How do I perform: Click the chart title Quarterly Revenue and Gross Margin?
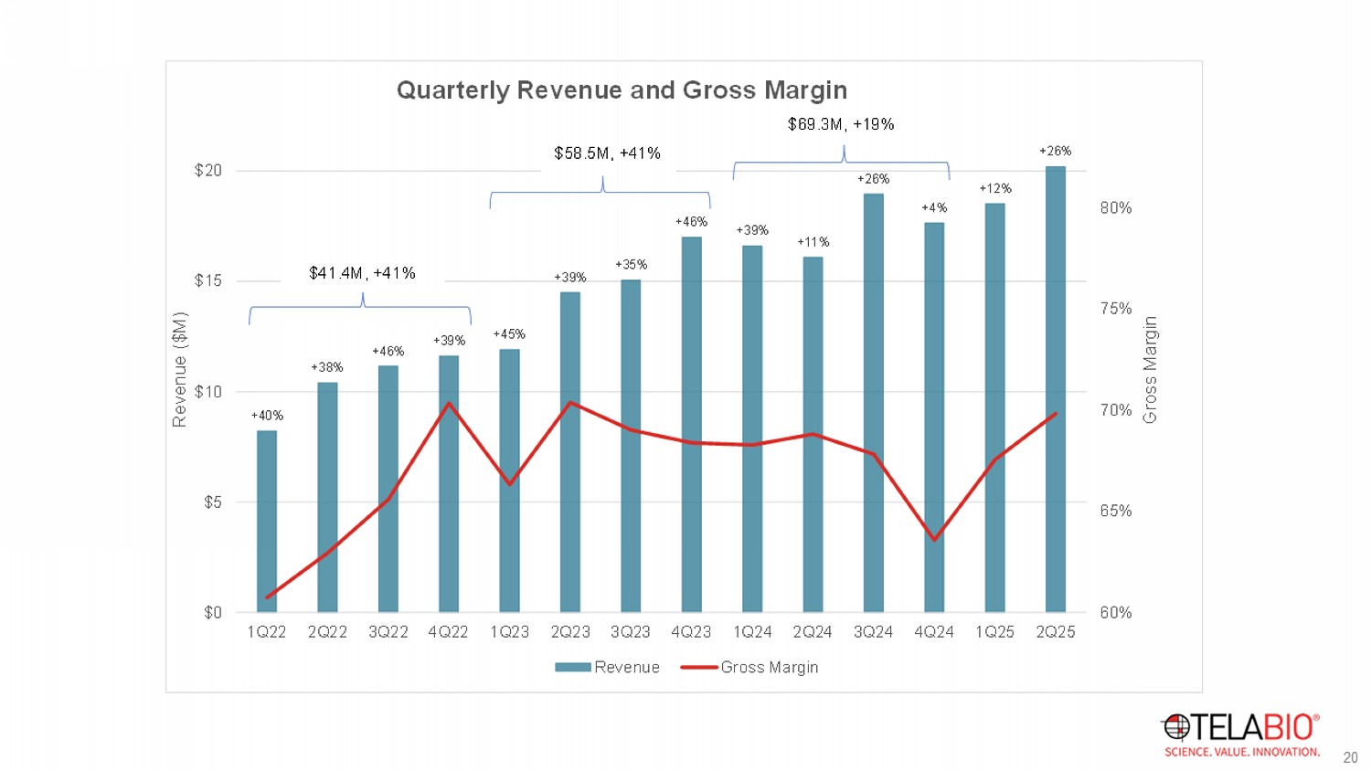(622, 90)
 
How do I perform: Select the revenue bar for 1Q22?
(267, 521)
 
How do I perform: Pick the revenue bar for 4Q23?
(692, 425)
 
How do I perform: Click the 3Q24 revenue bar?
(874, 402)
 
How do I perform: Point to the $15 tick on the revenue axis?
(208, 280)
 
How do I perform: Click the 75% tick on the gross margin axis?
(1116, 309)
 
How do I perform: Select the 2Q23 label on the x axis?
(570, 632)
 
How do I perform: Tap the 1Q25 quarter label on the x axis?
(994, 632)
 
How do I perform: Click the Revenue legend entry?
(608, 668)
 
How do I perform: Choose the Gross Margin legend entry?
(750, 668)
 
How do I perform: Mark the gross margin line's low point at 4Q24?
(934, 539)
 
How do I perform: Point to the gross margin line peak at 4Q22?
(449, 403)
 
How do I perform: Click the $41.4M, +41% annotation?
(362, 273)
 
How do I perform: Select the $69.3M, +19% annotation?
(841, 124)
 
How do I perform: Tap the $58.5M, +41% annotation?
(607, 153)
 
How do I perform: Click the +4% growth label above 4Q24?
(934, 208)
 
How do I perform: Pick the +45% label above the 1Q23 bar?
(509, 334)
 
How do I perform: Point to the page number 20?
(1350, 757)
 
